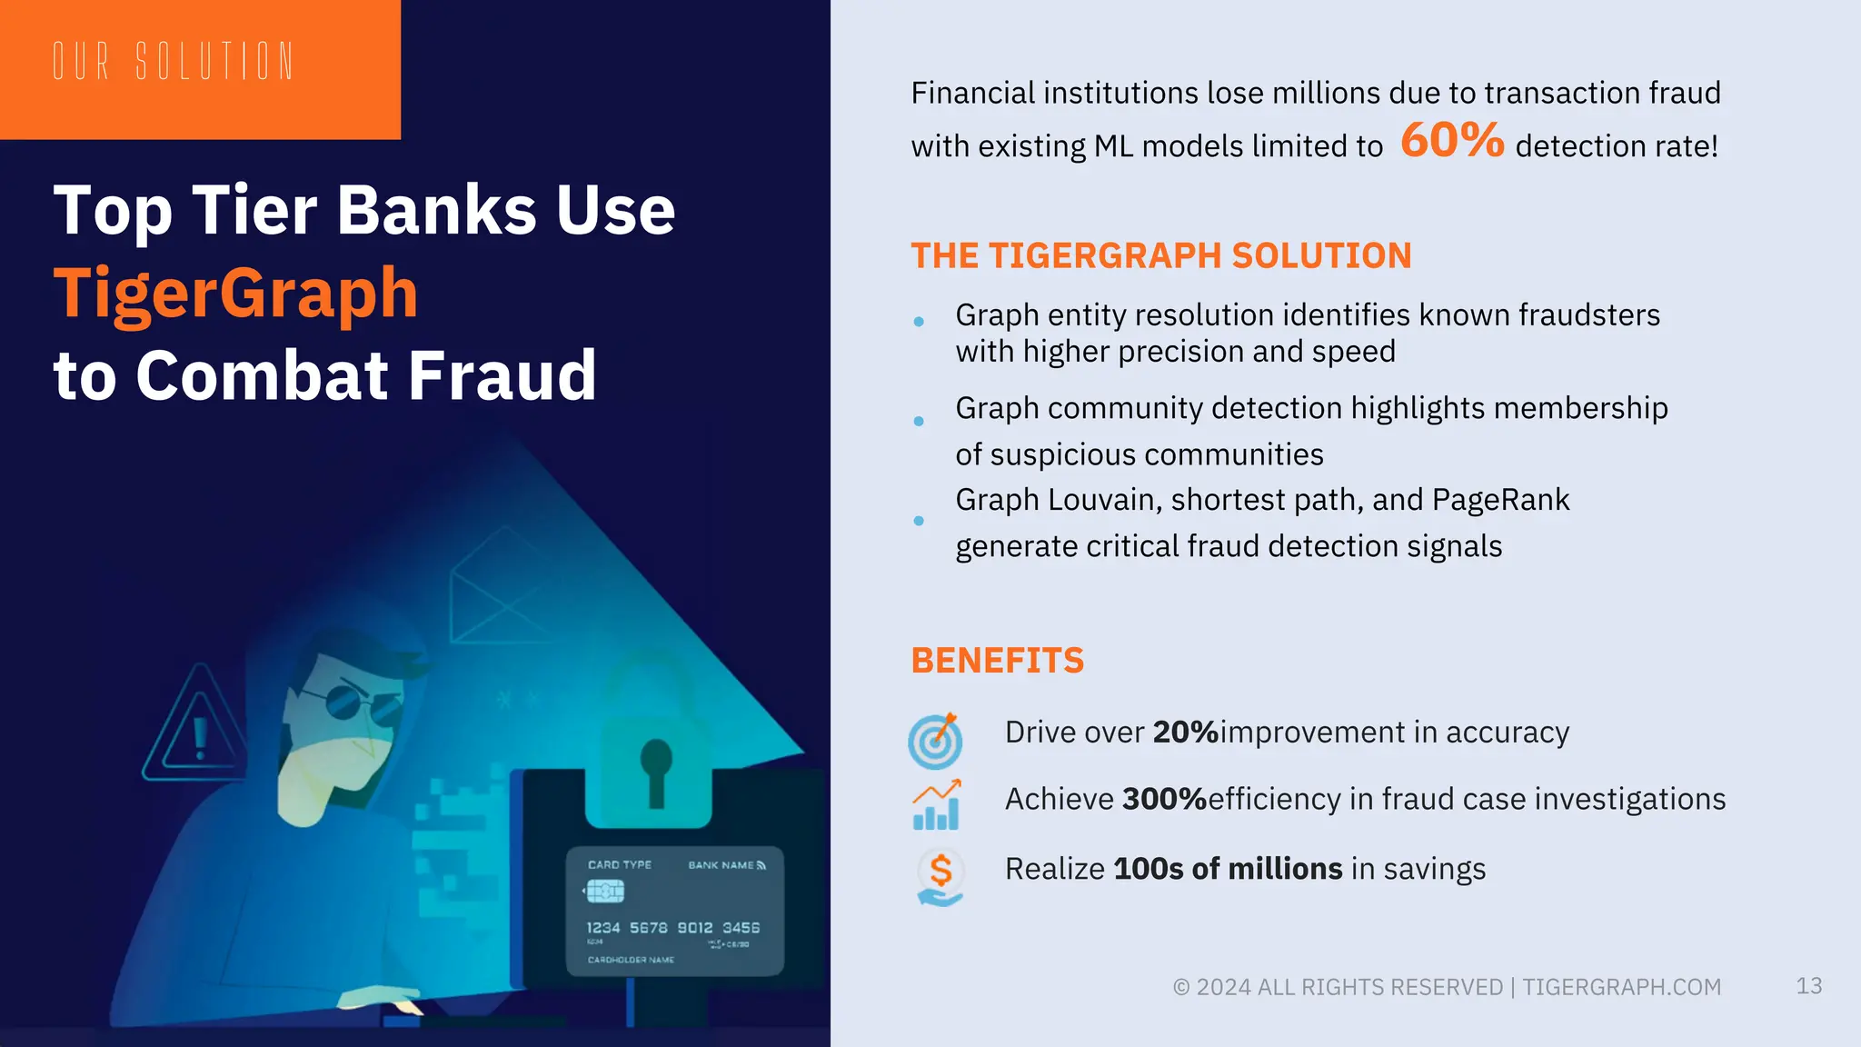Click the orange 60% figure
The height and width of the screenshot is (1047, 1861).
pos(1451,141)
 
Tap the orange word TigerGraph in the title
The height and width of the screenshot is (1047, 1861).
pos(235,293)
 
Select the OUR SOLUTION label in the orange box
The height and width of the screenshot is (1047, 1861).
pos(173,62)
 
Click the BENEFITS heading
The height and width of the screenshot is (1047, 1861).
pos(997,661)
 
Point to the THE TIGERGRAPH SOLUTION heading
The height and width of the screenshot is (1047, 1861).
pos(1160,256)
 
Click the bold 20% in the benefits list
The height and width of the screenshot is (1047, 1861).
pos(1185,733)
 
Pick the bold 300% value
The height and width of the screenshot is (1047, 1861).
pos(1164,799)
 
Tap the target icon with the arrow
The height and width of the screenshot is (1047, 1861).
pos(935,740)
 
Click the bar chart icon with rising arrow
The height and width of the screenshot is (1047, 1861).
pos(936,805)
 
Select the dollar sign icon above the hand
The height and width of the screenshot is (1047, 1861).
pos(940,871)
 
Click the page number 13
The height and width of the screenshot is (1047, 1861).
pos(1808,986)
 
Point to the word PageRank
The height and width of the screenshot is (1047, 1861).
pos(1500,500)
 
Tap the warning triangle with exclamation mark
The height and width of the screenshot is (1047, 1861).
pos(195,727)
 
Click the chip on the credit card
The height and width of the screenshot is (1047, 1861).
pos(605,892)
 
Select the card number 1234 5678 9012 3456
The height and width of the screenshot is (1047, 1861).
pos(672,928)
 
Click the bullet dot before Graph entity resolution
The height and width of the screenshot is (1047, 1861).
pos(919,322)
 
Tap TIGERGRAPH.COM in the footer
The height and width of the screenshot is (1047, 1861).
pos(1621,987)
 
